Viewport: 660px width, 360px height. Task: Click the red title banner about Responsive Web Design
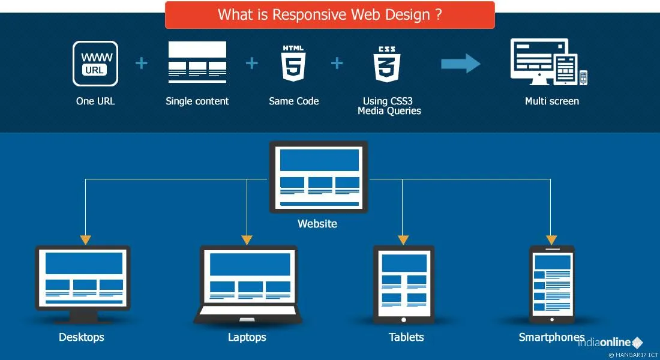click(x=330, y=15)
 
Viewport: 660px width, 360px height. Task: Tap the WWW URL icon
click(x=95, y=63)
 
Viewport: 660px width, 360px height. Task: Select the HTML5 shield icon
click(x=293, y=63)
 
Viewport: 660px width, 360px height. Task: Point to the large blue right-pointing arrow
click(x=461, y=64)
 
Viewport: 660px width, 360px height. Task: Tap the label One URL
click(x=95, y=101)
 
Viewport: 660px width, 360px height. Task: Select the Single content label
click(x=197, y=101)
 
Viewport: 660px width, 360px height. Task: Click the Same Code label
click(x=294, y=101)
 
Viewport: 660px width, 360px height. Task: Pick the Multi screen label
click(x=552, y=101)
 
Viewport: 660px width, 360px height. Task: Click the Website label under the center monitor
click(x=317, y=224)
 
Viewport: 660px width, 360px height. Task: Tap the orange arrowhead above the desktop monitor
click(x=86, y=239)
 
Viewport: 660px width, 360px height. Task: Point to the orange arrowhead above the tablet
click(x=403, y=239)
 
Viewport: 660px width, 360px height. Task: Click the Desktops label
click(x=82, y=337)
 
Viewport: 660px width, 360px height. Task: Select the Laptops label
click(x=247, y=337)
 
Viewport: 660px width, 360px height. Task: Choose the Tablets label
click(x=406, y=337)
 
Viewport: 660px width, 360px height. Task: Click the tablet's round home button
click(x=404, y=319)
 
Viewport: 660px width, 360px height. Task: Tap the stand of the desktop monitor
click(x=82, y=316)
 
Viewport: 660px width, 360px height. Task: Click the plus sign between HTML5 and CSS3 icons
click(x=337, y=63)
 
